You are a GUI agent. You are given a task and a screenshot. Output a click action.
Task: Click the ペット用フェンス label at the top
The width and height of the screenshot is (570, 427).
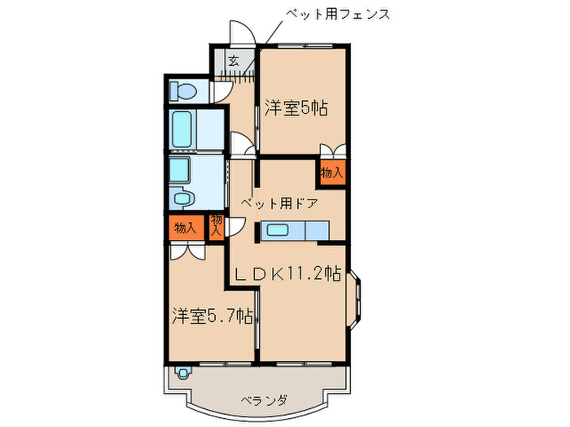[337, 14]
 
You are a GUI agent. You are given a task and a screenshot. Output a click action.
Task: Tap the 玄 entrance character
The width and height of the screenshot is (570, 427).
[234, 60]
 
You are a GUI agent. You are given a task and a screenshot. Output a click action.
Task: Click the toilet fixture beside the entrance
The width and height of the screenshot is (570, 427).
[182, 91]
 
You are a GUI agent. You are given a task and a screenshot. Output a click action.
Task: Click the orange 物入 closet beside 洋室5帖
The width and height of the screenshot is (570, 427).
[331, 172]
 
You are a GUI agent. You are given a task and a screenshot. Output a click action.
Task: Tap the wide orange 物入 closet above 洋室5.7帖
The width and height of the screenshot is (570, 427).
[185, 228]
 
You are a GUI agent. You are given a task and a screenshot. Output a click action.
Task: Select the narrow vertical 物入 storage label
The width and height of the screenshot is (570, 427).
[217, 226]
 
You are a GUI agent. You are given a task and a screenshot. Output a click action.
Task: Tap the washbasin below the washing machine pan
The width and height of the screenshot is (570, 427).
[182, 198]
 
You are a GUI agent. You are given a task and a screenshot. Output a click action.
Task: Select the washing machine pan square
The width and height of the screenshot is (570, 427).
[179, 171]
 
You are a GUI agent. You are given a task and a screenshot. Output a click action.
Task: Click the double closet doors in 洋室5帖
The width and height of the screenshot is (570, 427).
[331, 151]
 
